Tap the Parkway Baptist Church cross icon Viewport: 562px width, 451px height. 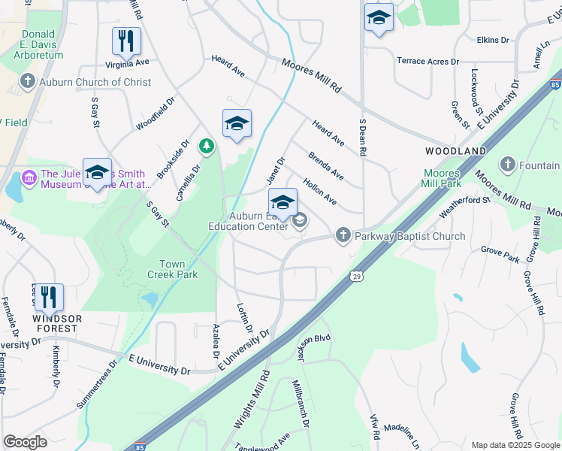[x=343, y=236]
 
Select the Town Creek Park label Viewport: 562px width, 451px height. [x=178, y=269]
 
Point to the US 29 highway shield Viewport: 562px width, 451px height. [x=357, y=276]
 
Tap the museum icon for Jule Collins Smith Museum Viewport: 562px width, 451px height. [x=29, y=177]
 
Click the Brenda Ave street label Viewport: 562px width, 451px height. [x=326, y=165]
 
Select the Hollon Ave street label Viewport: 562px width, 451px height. [x=319, y=191]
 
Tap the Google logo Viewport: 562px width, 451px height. [x=25, y=442]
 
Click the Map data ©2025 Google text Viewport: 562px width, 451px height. [x=515, y=445]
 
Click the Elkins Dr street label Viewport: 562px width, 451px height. [x=494, y=39]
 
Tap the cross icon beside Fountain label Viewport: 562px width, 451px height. [x=508, y=165]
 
